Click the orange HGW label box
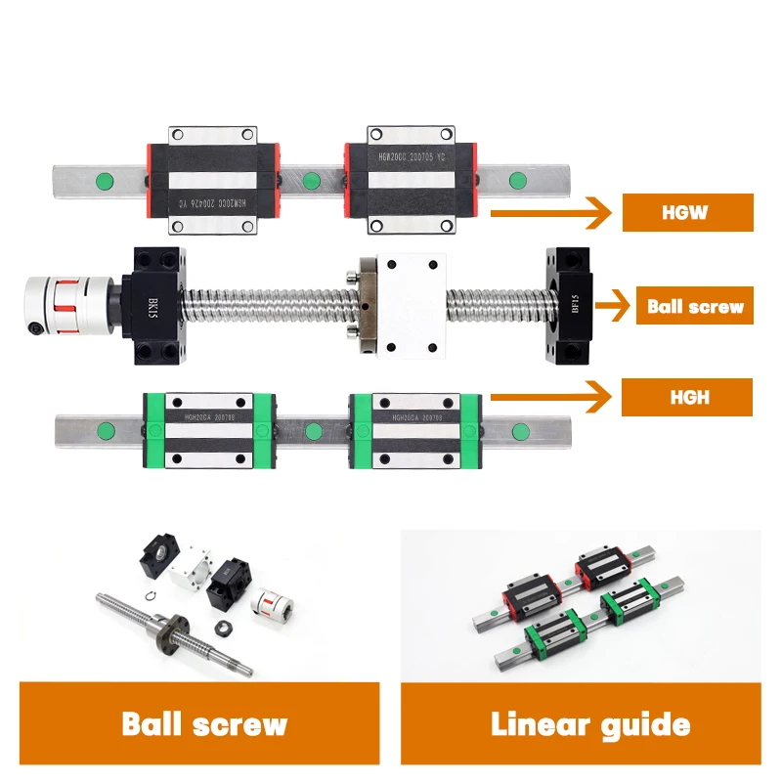(688, 212)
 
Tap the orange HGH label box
(688, 398)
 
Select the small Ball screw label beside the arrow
(695, 306)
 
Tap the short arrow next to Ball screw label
(612, 306)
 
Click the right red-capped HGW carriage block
(411, 181)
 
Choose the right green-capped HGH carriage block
(414, 431)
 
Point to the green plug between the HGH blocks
(313, 431)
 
